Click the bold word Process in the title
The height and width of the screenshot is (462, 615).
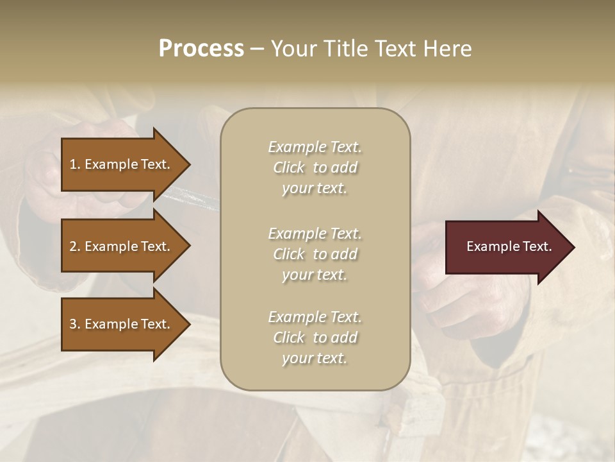[x=201, y=49]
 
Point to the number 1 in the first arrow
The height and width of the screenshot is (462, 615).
[x=73, y=164]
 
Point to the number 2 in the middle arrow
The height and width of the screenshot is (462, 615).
[x=73, y=246]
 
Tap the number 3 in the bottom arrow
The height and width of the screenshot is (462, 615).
[x=73, y=324]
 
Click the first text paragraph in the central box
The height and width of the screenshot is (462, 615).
[x=315, y=167]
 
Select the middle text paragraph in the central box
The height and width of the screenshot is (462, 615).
[x=315, y=253]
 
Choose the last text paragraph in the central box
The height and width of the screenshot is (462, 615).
[x=315, y=338]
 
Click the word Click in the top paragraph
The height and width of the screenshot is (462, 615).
[x=289, y=167]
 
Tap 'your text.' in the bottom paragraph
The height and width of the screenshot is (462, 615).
[x=315, y=358]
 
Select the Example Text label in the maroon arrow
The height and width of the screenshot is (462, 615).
[x=509, y=246]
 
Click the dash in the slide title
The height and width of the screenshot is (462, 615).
[x=256, y=49]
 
